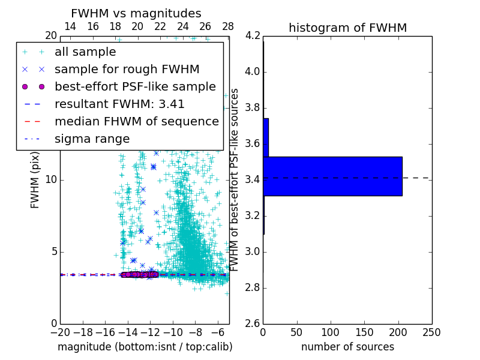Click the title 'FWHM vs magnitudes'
pyautogui.click(x=136, y=13)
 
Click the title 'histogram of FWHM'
pyautogui.click(x=347, y=28)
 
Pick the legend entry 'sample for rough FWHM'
pyautogui.click(x=127, y=69)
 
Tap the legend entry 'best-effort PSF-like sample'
pyautogui.click(x=135, y=86)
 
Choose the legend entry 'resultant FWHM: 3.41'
pyautogui.click(x=119, y=104)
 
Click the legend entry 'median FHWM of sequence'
pyautogui.click(x=136, y=121)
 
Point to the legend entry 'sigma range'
pyautogui.click(x=92, y=139)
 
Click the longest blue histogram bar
pyautogui.click(x=332, y=176)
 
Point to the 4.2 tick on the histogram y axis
pyautogui.click(x=253, y=36)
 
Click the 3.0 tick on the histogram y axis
pyautogui.click(x=253, y=251)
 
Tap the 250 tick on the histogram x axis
pyautogui.click(x=431, y=332)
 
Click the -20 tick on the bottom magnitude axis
pyautogui.click(x=60, y=332)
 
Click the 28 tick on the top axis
pyautogui.click(x=228, y=27)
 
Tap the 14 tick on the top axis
pyautogui.click(x=70, y=27)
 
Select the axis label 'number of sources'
pyautogui.click(x=347, y=347)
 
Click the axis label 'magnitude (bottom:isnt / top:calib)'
pyautogui.click(x=145, y=347)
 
